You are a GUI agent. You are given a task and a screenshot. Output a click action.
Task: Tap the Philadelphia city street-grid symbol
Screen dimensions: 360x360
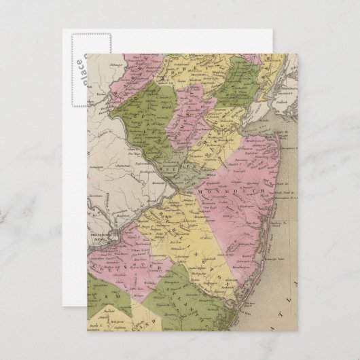click(x=122, y=236)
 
